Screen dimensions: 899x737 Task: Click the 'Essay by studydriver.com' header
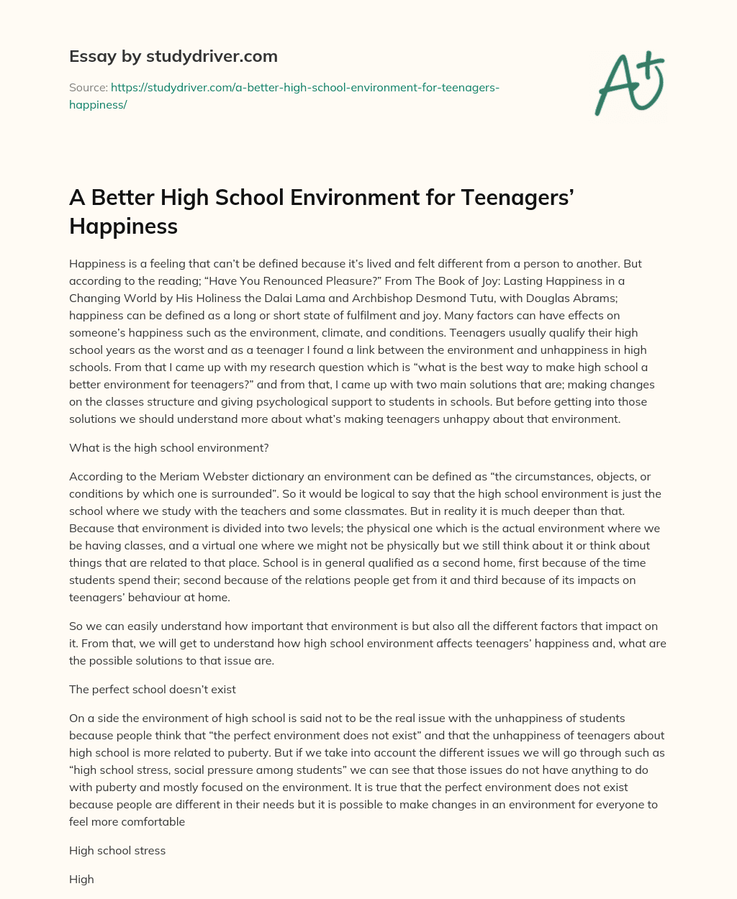click(x=173, y=56)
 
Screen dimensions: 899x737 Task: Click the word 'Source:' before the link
click(x=88, y=88)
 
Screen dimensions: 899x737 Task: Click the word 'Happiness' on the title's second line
click(x=123, y=226)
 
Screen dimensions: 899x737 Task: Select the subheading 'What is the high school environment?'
click(x=168, y=447)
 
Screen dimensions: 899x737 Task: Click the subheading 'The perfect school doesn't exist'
click(x=153, y=689)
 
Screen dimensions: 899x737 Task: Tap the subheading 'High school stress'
click(x=117, y=850)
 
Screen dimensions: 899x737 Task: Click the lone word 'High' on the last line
click(x=81, y=879)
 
